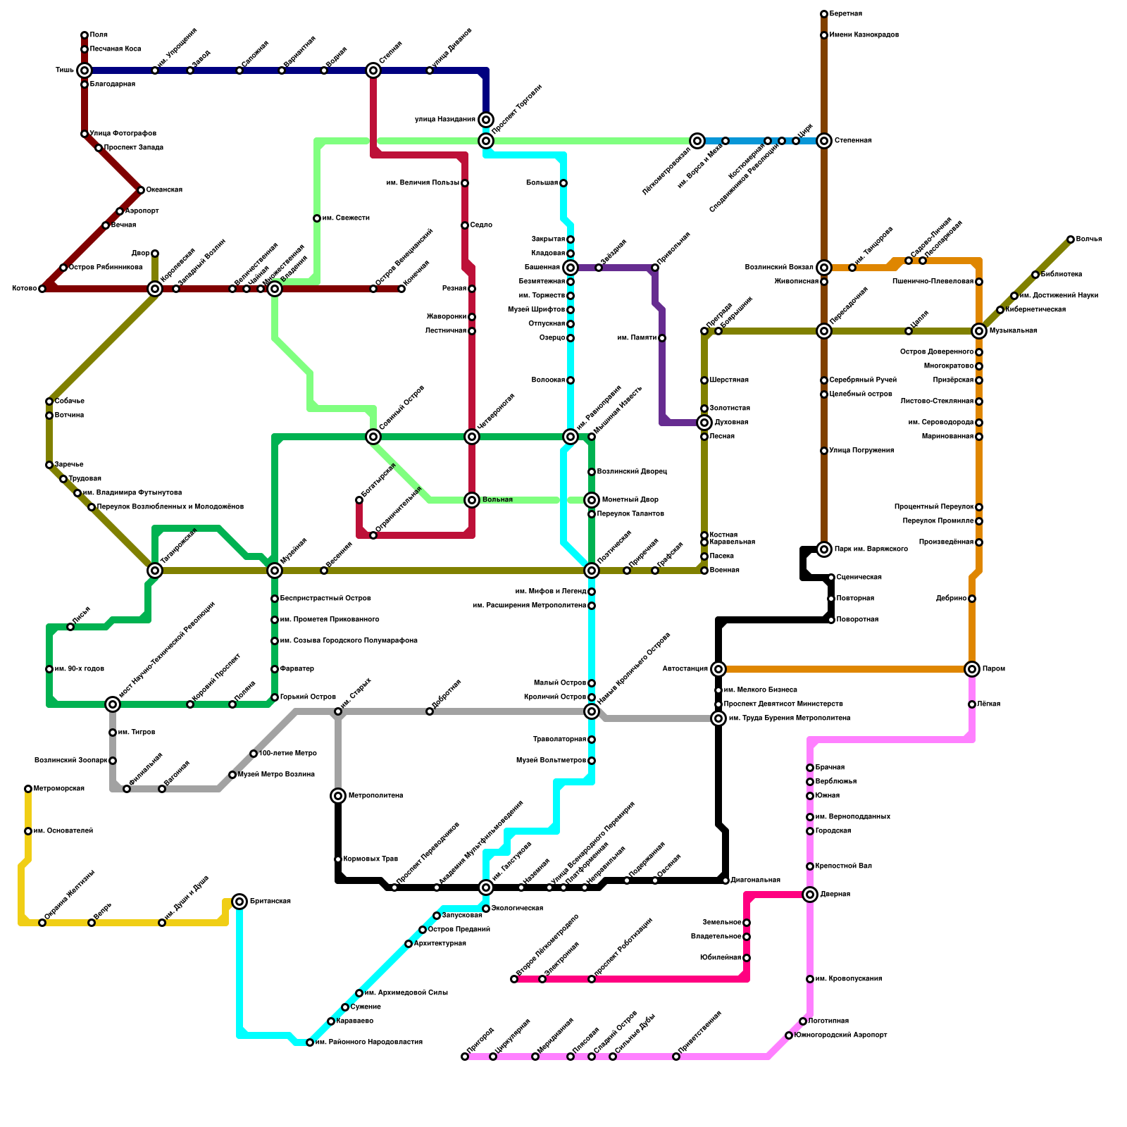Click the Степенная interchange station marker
click(824, 141)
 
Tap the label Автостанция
click(685, 669)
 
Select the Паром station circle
click(972, 669)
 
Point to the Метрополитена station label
click(375, 796)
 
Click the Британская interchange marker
click(239, 902)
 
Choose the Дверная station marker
click(810, 895)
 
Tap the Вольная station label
click(497, 500)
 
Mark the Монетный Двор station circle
click(592, 500)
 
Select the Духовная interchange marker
click(704, 423)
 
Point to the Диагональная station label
click(755, 880)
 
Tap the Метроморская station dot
click(28, 789)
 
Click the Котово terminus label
click(24, 289)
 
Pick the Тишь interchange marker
click(85, 70)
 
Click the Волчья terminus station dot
click(1071, 239)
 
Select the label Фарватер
click(297, 669)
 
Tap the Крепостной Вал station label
click(843, 866)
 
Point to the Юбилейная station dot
click(747, 958)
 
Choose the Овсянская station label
click(164, 190)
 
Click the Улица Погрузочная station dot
click(824, 451)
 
